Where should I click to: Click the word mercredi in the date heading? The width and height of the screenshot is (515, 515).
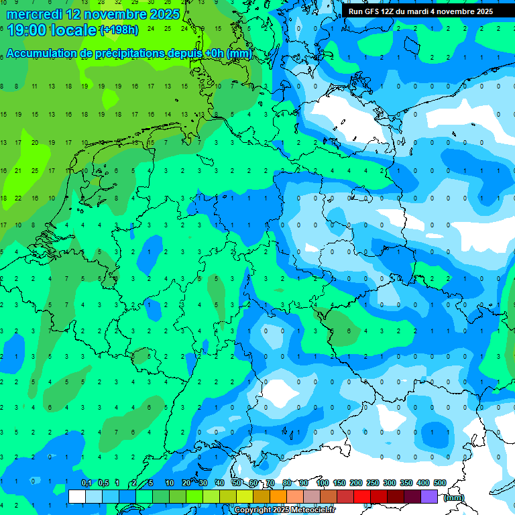(34, 13)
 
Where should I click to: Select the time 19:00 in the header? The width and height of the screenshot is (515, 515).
(28, 30)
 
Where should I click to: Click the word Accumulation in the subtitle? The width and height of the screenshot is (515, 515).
(42, 54)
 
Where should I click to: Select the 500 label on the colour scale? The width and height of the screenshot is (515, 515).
(440, 483)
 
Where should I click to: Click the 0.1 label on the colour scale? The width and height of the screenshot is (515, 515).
(87, 483)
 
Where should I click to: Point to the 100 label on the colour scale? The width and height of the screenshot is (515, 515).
(323, 483)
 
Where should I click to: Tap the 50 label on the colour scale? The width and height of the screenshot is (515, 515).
(237, 483)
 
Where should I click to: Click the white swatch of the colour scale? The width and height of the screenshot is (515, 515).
(77, 496)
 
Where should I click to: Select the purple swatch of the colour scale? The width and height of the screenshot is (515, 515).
(429, 496)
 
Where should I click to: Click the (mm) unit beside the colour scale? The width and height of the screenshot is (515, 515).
(454, 498)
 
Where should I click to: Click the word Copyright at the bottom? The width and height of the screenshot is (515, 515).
(252, 510)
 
